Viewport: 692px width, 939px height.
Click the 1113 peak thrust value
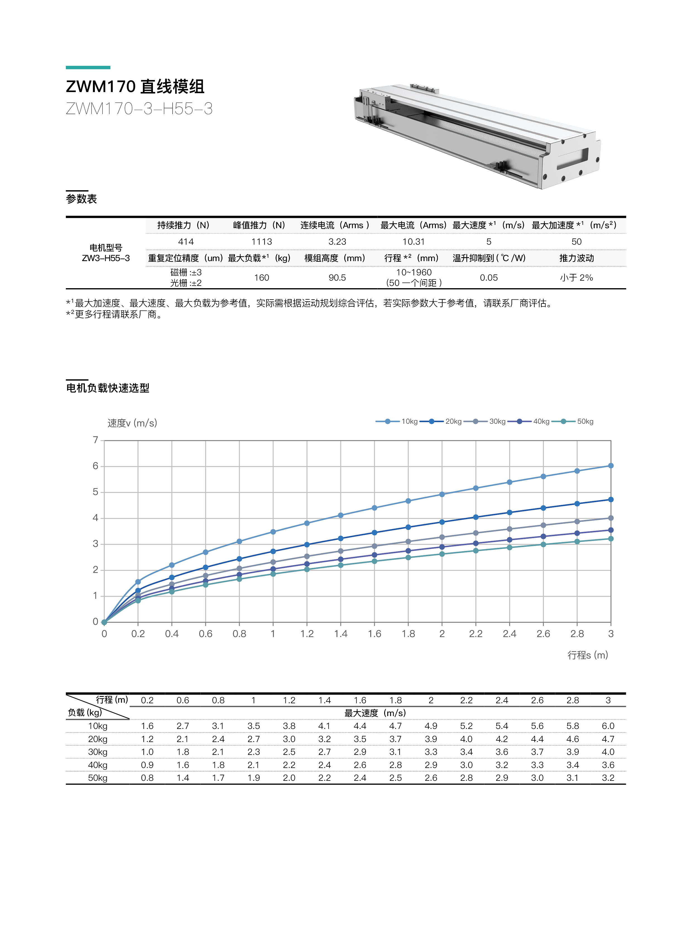coord(261,242)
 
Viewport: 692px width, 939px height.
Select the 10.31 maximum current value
coord(414,242)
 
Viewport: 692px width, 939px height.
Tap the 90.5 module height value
coord(337,278)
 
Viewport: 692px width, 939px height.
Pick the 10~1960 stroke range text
coord(414,272)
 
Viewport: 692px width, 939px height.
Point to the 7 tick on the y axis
coord(95,440)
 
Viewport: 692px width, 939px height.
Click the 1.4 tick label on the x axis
coord(340,634)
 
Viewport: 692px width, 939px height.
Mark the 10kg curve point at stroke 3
coord(611,466)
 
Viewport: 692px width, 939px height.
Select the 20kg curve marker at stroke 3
coord(611,500)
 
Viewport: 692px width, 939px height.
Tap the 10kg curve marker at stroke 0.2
coord(138,582)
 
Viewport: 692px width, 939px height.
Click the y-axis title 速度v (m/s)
coord(132,423)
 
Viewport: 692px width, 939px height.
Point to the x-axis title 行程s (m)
coord(587,655)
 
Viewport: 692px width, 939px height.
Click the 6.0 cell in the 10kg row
coord(608,726)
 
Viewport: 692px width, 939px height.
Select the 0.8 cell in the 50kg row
coord(147,778)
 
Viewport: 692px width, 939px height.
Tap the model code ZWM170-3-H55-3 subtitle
coord(139,109)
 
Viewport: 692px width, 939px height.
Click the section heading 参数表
coord(81,199)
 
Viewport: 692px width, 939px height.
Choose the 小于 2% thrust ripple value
coord(576,278)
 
